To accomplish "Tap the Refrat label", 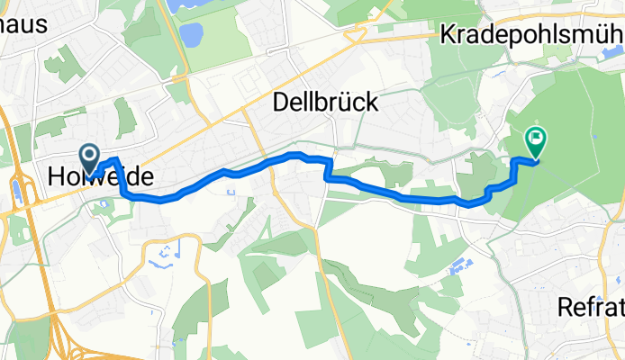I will click(591, 306).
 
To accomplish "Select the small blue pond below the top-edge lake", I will click(191, 35).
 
